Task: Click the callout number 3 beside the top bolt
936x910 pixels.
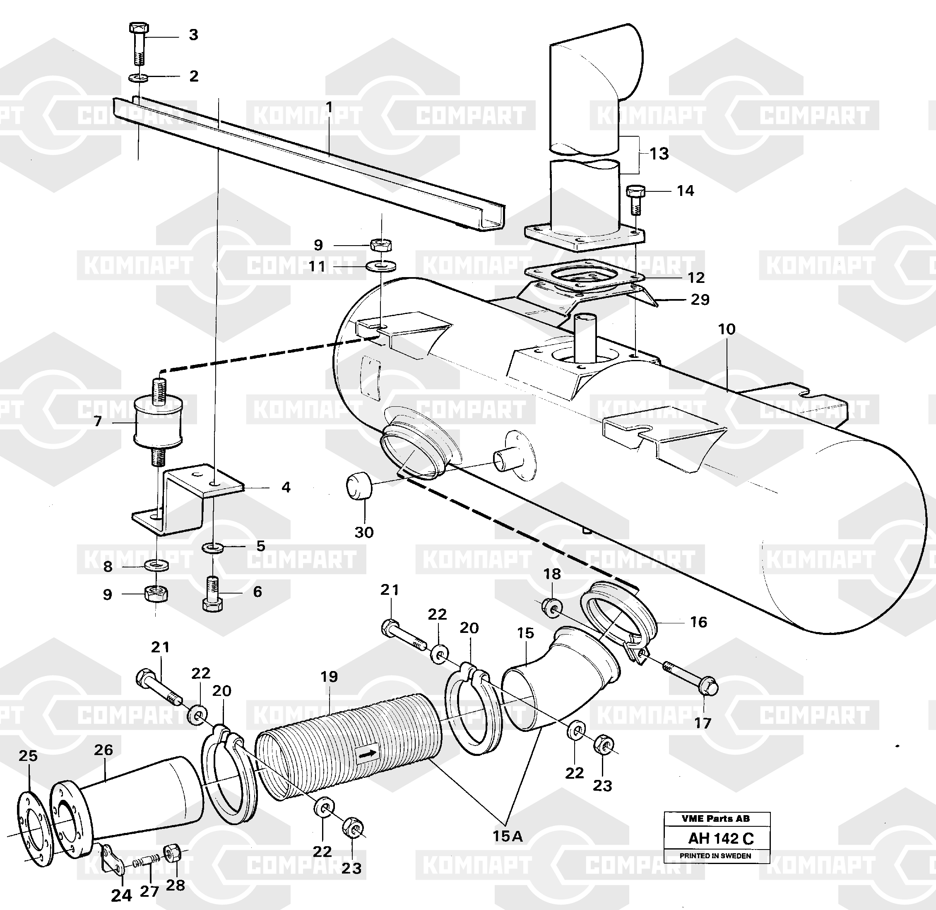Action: point(193,35)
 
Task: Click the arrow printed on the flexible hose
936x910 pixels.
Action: point(367,754)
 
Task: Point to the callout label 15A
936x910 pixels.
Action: point(508,836)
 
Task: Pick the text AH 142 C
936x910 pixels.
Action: point(721,838)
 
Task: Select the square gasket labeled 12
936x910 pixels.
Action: point(584,276)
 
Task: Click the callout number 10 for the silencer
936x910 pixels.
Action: point(726,329)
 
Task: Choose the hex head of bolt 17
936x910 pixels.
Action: point(710,687)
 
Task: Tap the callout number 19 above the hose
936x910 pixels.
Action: point(329,676)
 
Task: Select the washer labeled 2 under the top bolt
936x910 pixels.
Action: point(139,77)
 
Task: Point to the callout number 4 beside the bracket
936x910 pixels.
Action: point(286,487)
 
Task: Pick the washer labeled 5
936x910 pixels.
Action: point(211,547)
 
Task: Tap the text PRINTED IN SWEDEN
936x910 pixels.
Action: point(715,855)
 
